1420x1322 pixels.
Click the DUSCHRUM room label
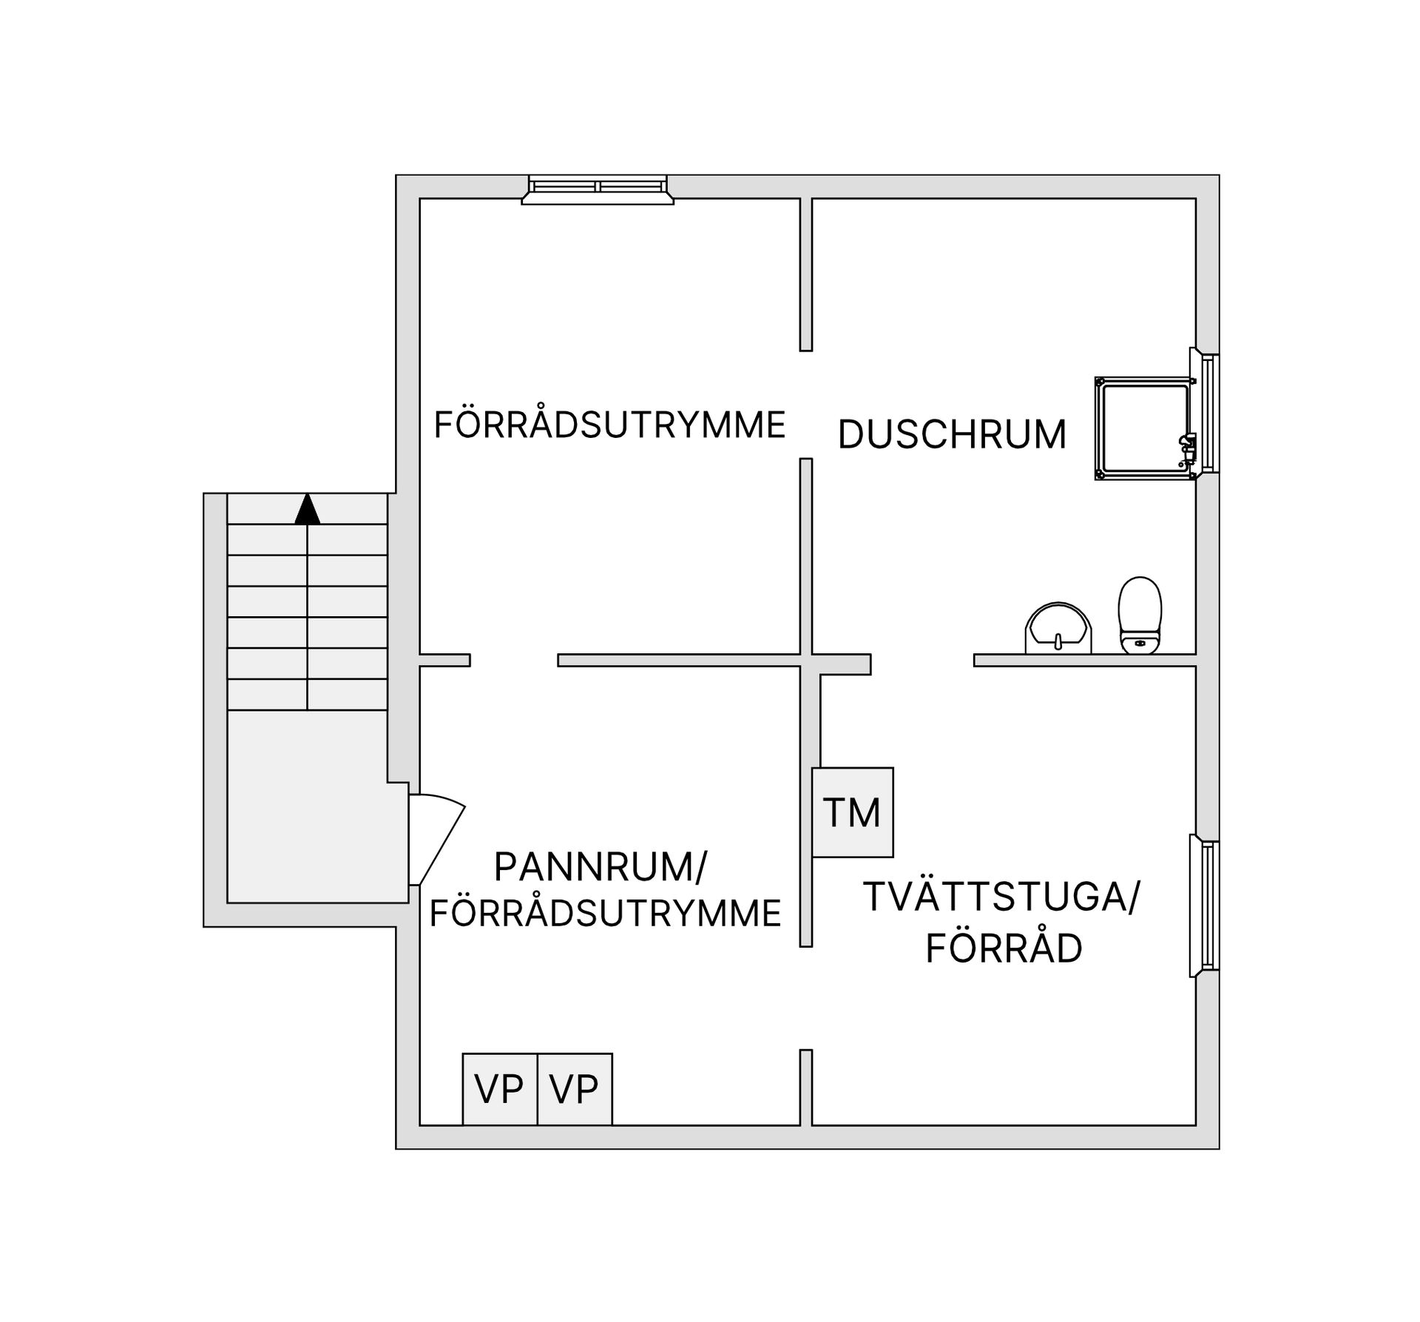click(x=952, y=434)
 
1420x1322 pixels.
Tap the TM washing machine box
click(x=852, y=812)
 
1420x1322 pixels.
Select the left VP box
click(x=499, y=1089)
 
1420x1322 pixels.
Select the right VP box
click(x=575, y=1089)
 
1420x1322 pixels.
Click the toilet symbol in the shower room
click(x=1139, y=616)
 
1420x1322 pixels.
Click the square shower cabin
click(x=1143, y=428)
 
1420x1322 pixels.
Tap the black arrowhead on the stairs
click(x=308, y=510)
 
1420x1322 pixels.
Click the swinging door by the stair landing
click(x=436, y=840)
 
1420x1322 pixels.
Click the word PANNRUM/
click(x=600, y=867)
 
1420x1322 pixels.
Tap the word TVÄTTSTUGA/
click(x=1002, y=897)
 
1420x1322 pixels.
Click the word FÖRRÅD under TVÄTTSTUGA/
click(x=1004, y=949)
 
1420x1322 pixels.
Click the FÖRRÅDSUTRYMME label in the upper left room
click(x=609, y=425)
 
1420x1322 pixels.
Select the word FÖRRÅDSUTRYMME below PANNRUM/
click(x=605, y=914)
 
